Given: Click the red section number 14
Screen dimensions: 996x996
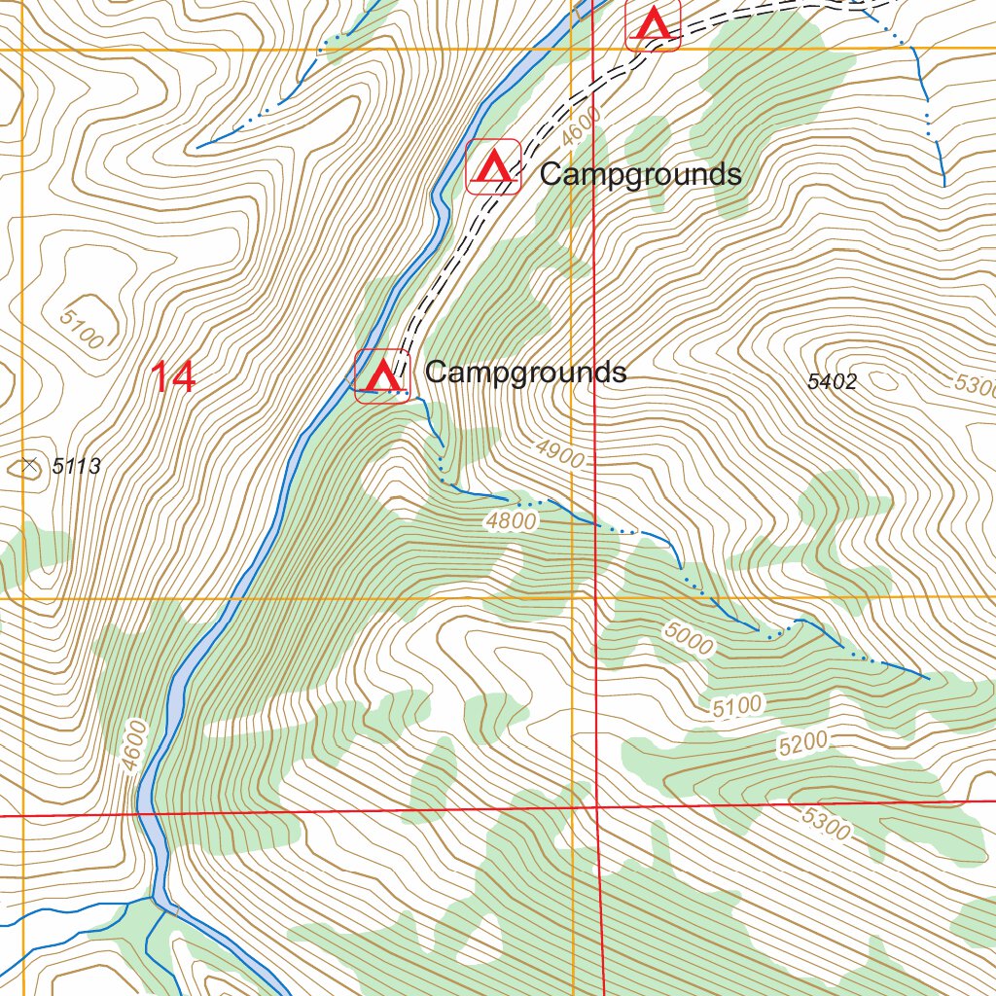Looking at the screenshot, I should [174, 377].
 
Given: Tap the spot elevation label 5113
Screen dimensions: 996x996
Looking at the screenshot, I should [76, 467].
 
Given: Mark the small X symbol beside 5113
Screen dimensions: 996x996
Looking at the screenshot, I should [30, 466].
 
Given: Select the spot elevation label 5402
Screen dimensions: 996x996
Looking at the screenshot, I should [832, 382].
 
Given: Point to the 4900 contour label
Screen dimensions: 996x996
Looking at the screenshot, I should [559, 452].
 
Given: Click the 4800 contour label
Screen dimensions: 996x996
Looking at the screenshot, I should [512, 521].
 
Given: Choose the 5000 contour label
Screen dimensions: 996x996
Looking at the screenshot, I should [689, 638].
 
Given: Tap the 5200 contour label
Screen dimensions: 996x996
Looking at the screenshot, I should [802, 744].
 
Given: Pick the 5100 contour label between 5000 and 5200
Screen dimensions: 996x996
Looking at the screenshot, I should [736, 707].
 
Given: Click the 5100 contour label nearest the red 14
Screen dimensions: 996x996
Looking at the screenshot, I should [82, 329].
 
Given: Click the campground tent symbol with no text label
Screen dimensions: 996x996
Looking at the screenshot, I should [653, 24].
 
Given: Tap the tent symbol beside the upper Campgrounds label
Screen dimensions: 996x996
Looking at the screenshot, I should [494, 167].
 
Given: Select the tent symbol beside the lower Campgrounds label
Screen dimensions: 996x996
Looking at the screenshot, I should [381, 375].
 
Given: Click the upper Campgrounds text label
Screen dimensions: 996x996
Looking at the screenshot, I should [640, 175].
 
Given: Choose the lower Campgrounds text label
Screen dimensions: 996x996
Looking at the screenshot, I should [525, 372].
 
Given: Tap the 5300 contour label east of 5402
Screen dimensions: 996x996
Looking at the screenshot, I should [974, 385].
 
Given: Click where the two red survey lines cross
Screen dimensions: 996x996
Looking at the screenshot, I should [594, 806].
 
